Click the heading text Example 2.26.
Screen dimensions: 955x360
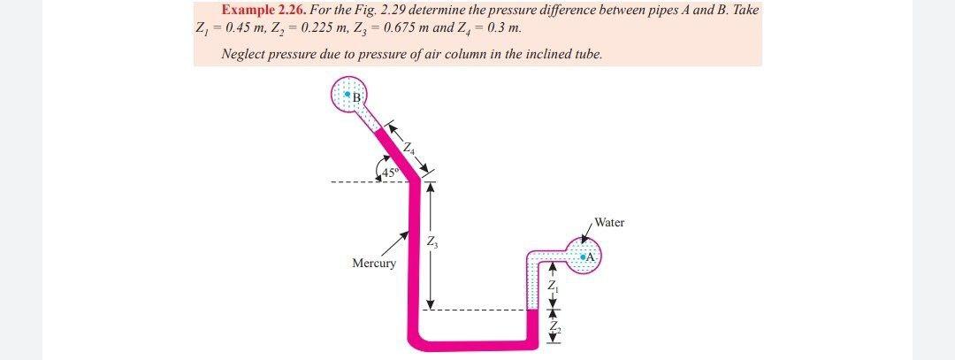[x=262, y=10]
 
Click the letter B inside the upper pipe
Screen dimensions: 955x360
[x=357, y=96]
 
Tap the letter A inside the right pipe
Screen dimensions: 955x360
[x=592, y=256]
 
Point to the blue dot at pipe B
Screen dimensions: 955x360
[x=348, y=93]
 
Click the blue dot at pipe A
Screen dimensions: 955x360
[x=583, y=256]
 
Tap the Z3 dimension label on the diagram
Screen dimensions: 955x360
[x=431, y=242]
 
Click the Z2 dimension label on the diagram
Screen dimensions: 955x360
[x=552, y=328]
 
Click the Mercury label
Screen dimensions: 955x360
[x=374, y=264]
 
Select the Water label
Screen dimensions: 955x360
[x=609, y=223]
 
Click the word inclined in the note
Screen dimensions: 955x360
[x=541, y=54]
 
